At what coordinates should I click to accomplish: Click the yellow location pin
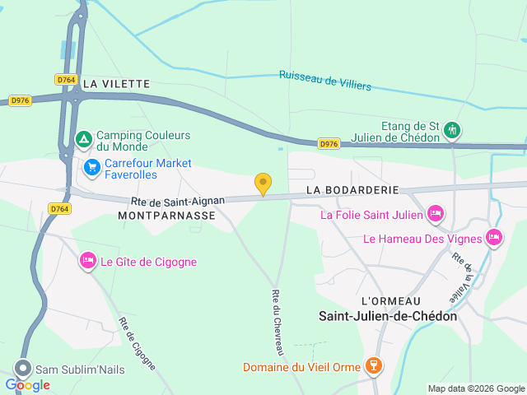coord(263,184)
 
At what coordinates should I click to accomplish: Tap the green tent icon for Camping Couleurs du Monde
coord(83,140)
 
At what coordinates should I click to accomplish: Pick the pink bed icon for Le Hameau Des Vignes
coord(494,239)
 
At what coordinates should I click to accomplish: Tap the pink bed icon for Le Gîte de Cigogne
coord(88,262)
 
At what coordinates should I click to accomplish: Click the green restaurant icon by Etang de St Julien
coord(451,130)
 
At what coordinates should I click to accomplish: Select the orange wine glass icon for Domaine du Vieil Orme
coord(374,366)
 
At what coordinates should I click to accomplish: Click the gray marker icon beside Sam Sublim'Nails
coord(23,369)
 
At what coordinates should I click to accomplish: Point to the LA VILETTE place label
coord(116,83)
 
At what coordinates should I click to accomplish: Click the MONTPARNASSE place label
coord(166,215)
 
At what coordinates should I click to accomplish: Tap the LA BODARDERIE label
coord(352,189)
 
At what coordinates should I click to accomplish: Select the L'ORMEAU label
coord(390,301)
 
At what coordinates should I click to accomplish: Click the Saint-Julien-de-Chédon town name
coord(388,316)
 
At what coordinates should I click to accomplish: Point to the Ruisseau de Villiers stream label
coord(325,80)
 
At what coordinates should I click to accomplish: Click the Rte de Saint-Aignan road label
coord(177,201)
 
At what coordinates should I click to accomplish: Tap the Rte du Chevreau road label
coord(277,323)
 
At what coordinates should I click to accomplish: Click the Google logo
coord(28,384)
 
